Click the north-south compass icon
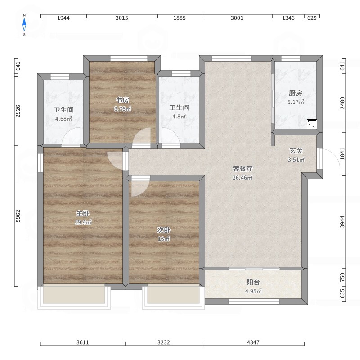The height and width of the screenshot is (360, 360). [x=24, y=25]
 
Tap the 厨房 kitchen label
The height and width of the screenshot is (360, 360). [x=296, y=93]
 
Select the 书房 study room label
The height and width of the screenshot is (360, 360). [x=122, y=100]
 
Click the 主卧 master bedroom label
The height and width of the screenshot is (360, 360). [x=83, y=213]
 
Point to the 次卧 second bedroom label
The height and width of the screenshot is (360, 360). [x=164, y=230]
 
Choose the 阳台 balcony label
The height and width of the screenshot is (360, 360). [x=253, y=282]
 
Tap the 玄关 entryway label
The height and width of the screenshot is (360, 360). [x=296, y=151]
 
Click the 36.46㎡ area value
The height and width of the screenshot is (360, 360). [x=243, y=177]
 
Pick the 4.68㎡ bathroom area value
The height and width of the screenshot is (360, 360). [x=63, y=119]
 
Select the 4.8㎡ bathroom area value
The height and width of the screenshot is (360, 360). [x=179, y=117]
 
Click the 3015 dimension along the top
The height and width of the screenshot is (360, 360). [x=122, y=18]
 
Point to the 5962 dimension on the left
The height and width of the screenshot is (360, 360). [x=18, y=216]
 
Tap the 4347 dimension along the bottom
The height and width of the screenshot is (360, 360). [x=253, y=342]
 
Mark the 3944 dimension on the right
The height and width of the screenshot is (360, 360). [x=342, y=222]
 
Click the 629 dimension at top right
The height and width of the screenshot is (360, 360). [x=312, y=18]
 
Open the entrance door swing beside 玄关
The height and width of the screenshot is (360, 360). [x=328, y=159]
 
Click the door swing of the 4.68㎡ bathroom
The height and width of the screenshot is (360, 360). [x=71, y=137]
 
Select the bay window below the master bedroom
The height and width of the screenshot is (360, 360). [x=74, y=296]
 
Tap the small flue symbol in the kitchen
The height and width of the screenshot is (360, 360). [x=312, y=124]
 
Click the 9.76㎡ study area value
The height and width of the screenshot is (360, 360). [x=122, y=109]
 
